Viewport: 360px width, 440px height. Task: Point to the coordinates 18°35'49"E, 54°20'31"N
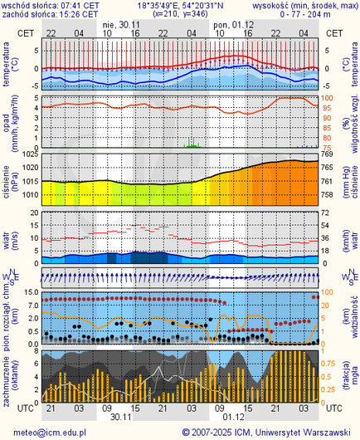(180, 5)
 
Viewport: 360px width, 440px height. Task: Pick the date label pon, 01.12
(233, 24)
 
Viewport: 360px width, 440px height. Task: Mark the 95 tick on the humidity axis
(327, 108)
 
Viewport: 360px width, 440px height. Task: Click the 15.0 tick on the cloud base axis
(29, 292)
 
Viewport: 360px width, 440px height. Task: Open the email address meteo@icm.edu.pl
(50, 433)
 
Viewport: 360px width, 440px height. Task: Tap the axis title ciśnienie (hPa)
(7, 178)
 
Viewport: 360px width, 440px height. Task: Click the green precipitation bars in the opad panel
(192, 144)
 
